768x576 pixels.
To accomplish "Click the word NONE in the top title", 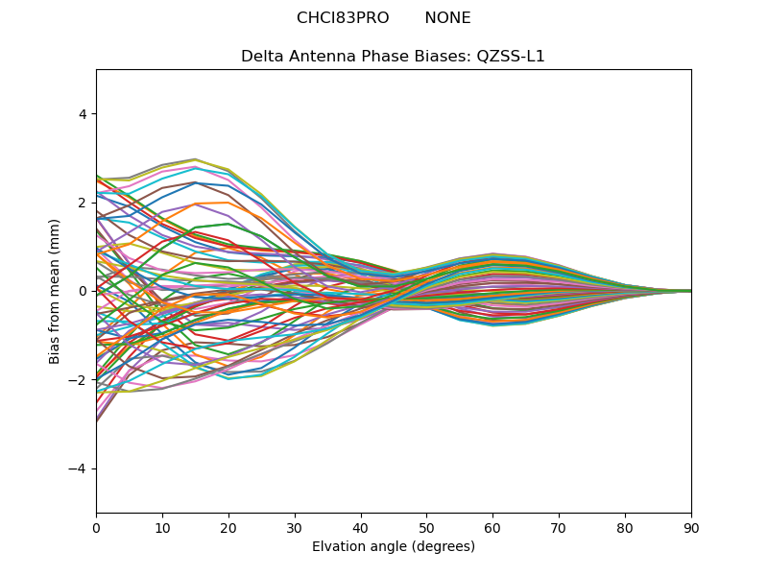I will (447, 18).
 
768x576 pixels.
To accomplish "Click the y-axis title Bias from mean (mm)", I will (55, 291).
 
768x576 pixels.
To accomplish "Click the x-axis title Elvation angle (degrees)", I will (394, 547).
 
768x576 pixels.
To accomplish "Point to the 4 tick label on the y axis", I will (83, 114).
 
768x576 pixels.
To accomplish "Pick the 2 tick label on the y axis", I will (83, 203).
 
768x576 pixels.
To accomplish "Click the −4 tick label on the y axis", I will (79, 468).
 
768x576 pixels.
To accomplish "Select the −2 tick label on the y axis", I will (79, 380).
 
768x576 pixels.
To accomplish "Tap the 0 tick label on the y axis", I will (83, 291).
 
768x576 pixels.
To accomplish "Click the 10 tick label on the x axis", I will (162, 527).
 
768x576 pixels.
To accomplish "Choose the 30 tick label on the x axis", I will (295, 527).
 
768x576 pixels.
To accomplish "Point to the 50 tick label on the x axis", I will (426, 527).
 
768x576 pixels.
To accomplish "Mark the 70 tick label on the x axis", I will (559, 527).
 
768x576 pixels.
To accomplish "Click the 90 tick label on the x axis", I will (691, 527).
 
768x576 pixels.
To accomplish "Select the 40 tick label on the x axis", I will (361, 527).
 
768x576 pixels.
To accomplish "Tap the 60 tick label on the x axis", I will (492, 527).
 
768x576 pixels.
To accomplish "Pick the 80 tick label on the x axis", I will (625, 527).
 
